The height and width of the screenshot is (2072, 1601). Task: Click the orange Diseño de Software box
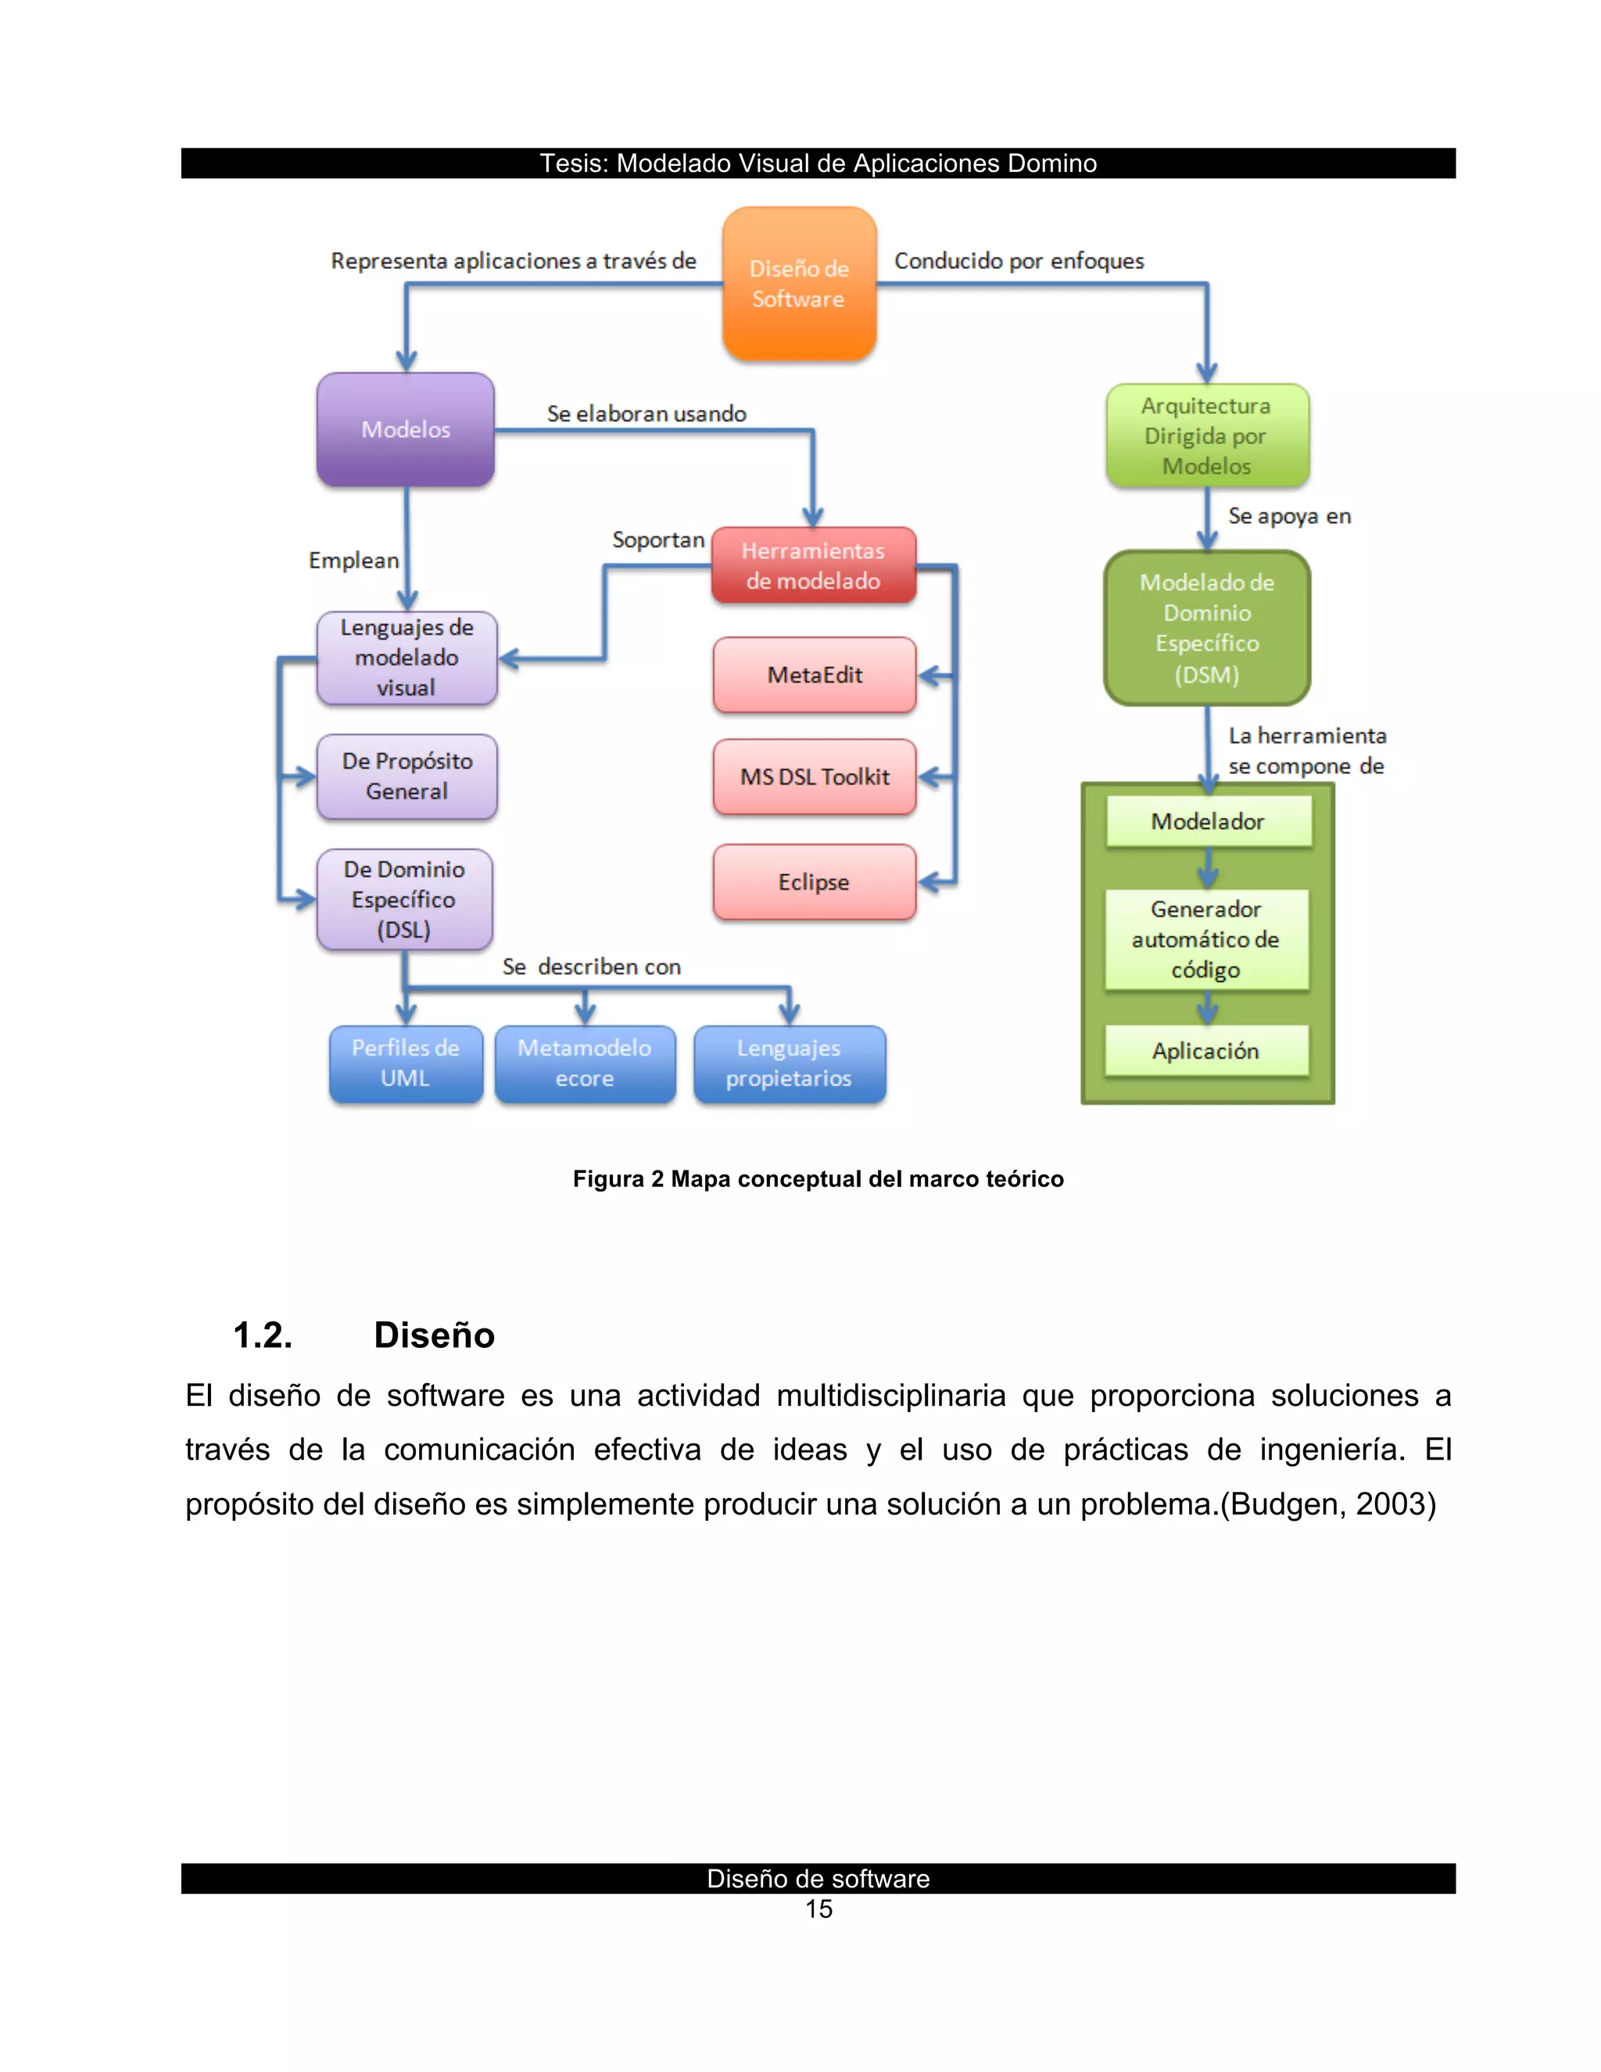pyautogui.click(x=799, y=284)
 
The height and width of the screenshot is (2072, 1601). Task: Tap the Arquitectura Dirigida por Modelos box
pyautogui.click(x=1206, y=436)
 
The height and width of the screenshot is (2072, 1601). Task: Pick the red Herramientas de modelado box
pyautogui.click(x=813, y=565)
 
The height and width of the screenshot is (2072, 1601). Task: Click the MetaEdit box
pyautogui.click(x=814, y=675)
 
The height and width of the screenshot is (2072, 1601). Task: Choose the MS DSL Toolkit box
pyautogui.click(x=814, y=777)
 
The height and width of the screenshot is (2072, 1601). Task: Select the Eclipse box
pyautogui.click(x=814, y=881)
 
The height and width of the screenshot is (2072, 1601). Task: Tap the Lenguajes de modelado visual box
pyautogui.click(x=407, y=658)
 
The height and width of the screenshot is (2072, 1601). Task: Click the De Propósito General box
pyautogui.click(x=407, y=776)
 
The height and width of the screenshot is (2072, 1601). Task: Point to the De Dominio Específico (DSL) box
pyautogui.click(x=404, y=899)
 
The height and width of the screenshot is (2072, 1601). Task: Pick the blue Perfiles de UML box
pyautogui.click(x=406, y=1063)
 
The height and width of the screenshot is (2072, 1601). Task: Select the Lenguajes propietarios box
pyautogui.click(x=789, y=1063)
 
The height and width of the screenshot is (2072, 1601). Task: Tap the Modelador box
pyautogui.click(x=1207, y=821)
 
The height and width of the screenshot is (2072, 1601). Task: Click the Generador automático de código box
pyautogui.click(x=1205, y=939)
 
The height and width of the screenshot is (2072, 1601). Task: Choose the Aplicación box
pyautogui.click(x=1205, y=1050)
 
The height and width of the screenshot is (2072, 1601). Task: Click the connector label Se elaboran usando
pyautogui.click(x=646, y=414)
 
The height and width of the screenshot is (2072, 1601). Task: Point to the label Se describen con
pyautogui.click(x=592, y=966)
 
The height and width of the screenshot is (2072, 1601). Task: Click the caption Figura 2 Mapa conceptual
pyautogui.click(x=818, y=1178)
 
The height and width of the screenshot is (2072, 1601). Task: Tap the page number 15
pyautogui.click(x=818, y=1909)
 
